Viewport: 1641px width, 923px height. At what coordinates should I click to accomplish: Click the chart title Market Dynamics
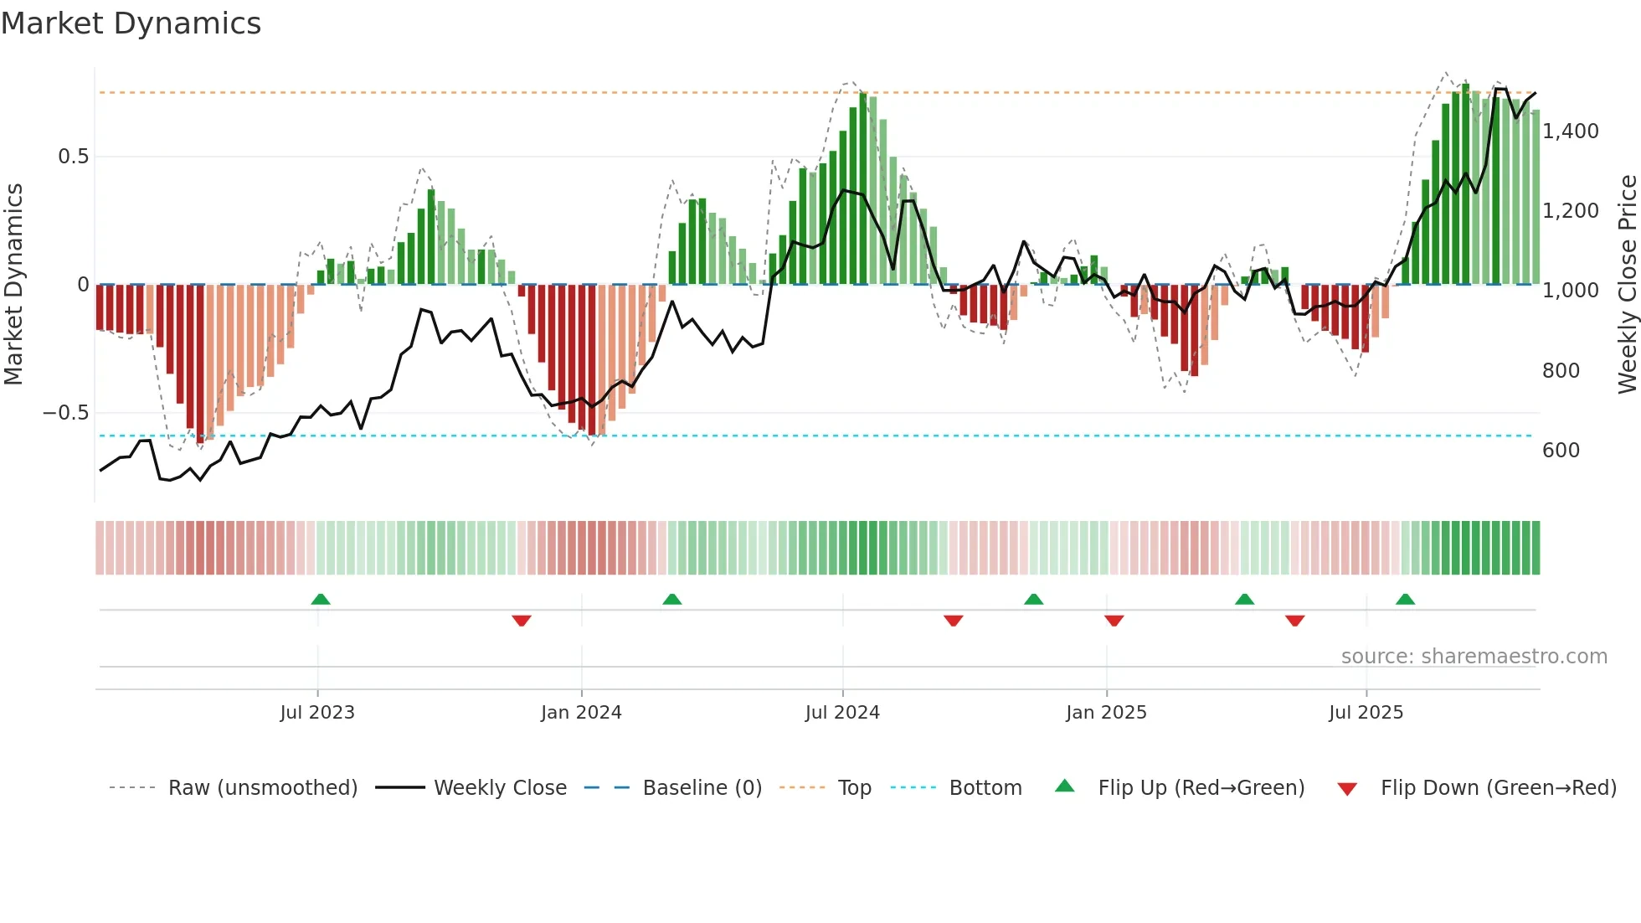(131, 23)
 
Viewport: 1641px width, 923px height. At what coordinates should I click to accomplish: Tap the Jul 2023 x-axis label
(317, 713)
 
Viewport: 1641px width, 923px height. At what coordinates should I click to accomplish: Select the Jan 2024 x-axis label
(581, 713)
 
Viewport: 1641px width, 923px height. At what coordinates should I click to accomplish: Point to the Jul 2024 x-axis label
(842, 713)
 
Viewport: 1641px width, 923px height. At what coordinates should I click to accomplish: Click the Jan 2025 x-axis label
(1106, 713)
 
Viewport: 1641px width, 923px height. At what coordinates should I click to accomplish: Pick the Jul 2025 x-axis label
(1366, 713)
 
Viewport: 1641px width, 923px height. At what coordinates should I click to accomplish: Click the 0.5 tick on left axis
(73, 157)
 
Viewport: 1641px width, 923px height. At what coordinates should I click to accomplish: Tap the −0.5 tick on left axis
(65, 413)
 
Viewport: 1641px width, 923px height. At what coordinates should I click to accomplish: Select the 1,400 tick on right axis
(1571, 131)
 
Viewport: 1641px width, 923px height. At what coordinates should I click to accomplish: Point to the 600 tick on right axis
(1561, 451)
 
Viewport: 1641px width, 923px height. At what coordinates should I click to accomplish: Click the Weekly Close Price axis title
(1627, 284)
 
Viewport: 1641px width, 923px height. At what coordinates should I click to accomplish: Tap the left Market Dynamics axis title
(13, 284)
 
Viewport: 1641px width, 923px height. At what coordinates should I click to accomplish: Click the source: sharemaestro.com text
(1474, 657)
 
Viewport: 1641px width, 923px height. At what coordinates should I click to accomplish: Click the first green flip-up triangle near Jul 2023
(321, 600)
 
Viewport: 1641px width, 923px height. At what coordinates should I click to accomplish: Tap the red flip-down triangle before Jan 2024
(522, 621)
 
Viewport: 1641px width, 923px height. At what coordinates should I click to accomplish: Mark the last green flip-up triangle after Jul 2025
(1405, 600)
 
